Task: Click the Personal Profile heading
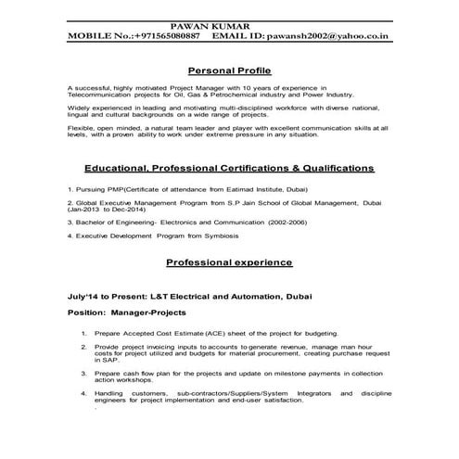(x=228, y=70)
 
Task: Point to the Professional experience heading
(x=229, y=262)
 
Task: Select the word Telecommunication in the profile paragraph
(x=103, y=94)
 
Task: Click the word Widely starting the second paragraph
(x=80, y=108)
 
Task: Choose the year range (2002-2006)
(x=292, y=222)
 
